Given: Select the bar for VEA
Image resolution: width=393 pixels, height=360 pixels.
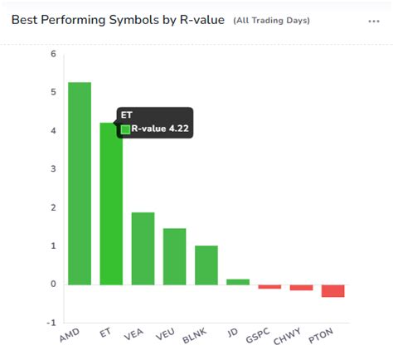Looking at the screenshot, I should [x=143, y=248].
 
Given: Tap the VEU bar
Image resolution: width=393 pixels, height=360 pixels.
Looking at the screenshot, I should [x=174, y=256].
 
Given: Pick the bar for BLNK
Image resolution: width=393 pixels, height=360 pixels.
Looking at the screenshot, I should [x=206, y=265].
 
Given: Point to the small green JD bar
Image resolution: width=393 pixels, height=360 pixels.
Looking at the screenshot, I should [x=238, y=282].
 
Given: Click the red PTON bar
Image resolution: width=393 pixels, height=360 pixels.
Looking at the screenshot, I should [x=332, y=291].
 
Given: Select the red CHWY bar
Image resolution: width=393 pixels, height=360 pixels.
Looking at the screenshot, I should [x=301, y=288].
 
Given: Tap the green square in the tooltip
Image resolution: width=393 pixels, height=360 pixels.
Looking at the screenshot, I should [x=126, y=129].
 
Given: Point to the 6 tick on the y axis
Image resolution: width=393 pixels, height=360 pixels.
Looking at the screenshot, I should [x=53, y=54].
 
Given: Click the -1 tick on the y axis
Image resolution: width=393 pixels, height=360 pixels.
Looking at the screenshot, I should [x=51, y=323].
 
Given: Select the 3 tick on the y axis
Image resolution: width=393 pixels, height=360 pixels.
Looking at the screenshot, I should [x=53, y=169].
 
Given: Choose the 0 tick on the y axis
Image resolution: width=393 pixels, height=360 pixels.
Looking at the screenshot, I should [x=53, y=285].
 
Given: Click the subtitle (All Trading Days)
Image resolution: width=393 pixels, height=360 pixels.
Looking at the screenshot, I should [x=270, y=21].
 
